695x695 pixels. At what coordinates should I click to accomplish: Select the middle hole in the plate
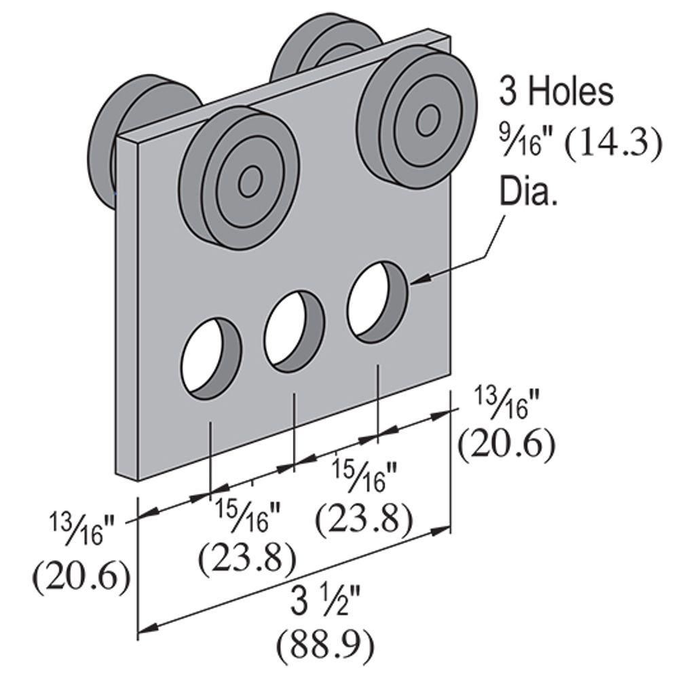click(x=293, y=331)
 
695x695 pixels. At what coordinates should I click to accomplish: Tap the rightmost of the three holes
click(x=377, y=301)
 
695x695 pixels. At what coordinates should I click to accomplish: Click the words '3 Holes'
click(x=556, y=92)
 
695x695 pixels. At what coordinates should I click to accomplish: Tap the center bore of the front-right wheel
click(x=427, y=120)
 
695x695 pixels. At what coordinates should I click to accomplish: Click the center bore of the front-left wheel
click(x=250, y=180)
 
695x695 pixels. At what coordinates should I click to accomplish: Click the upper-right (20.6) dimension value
click(x=506, y=445)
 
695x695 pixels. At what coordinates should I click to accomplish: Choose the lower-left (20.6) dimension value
click(x=81, y=577)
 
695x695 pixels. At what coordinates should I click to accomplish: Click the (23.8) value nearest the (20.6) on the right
click(x=364, y=519)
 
